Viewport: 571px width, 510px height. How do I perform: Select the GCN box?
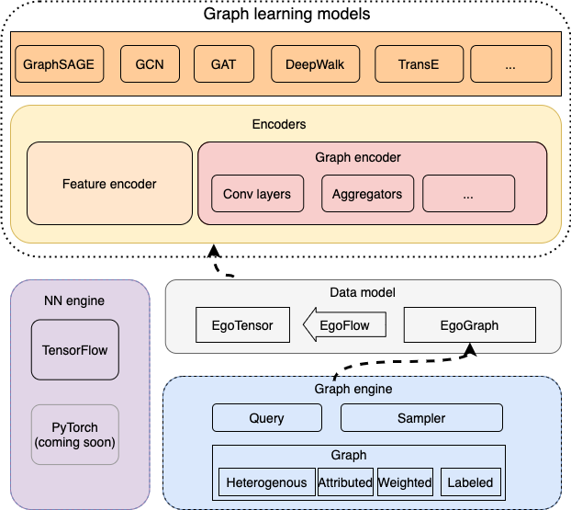151,65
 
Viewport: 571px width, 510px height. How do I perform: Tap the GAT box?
223,65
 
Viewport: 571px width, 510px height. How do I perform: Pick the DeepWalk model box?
316,65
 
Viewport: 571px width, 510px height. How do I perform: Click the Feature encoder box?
109,184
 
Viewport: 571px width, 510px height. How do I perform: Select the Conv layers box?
257,194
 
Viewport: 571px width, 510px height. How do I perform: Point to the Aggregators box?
367,194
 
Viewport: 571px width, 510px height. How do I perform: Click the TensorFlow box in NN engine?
75,349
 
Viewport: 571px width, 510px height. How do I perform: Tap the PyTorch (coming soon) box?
75,436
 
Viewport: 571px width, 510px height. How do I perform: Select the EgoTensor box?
242,324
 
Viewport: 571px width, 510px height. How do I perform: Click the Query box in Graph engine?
267,418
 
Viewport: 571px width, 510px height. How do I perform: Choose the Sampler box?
421,418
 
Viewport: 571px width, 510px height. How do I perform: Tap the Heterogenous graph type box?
266,482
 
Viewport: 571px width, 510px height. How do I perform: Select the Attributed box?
345,482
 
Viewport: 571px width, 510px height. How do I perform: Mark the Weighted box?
404,482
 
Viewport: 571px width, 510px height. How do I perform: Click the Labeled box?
470,482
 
